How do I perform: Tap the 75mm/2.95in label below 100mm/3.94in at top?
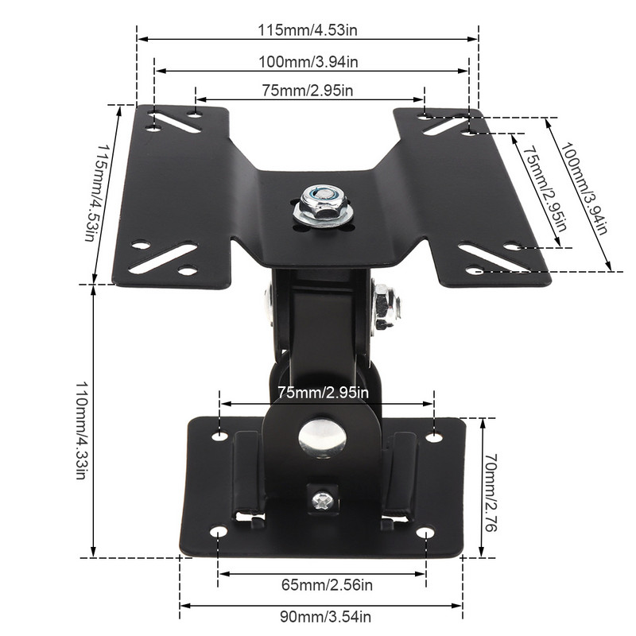click(x=308, y=91)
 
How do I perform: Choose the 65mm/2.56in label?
click(x=327, y=586)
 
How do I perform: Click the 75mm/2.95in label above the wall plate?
click(x=324, y=393)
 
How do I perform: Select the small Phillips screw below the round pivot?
click(x=322, y=500)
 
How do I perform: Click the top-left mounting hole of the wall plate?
click(x=220, y=436)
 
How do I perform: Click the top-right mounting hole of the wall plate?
click(x=433, y=436)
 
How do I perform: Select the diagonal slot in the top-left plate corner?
click(x=174, y=121)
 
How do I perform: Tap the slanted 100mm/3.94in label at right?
click(x=583, y=189)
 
